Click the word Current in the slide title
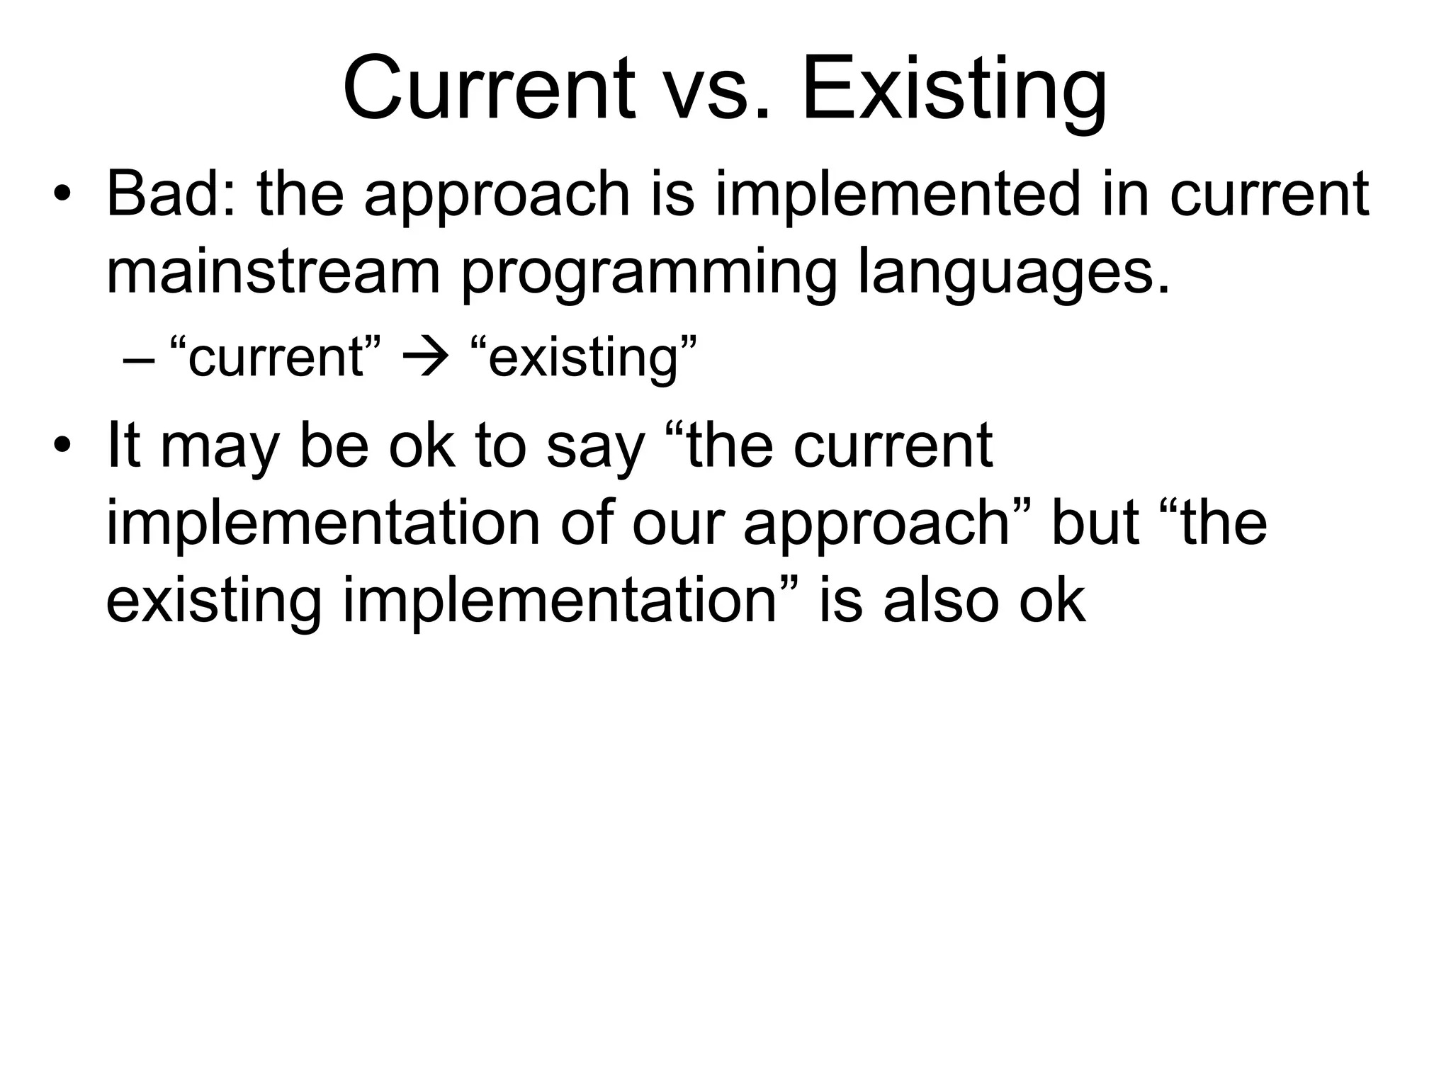488,90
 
